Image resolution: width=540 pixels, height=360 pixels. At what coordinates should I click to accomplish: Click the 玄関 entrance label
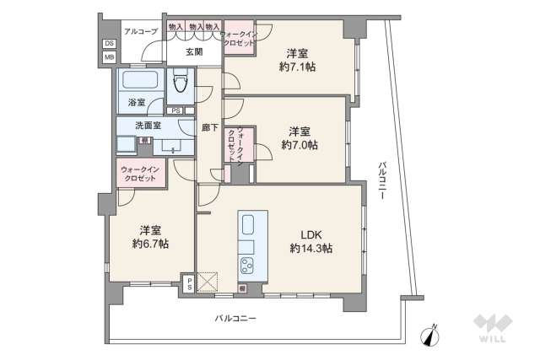(x=194, y=51)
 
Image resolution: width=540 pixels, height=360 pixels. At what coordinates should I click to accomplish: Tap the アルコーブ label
(x=137, y=31)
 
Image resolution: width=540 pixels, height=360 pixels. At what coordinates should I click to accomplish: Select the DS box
(x=109, y=44)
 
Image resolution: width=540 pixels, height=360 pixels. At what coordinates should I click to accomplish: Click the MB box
(x=109, y=57)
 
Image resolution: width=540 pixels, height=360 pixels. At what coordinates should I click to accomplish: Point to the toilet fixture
(x=181, y=83)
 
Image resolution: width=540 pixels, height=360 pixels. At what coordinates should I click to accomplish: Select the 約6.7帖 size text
(x=150, y=244)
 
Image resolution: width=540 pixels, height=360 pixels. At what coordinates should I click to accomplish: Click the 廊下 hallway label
(x=210, y=129)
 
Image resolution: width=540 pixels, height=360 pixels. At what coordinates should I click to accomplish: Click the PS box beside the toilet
(x=175, y=110)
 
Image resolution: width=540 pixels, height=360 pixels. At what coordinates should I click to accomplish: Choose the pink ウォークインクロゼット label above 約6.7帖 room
(x=139, y=174)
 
